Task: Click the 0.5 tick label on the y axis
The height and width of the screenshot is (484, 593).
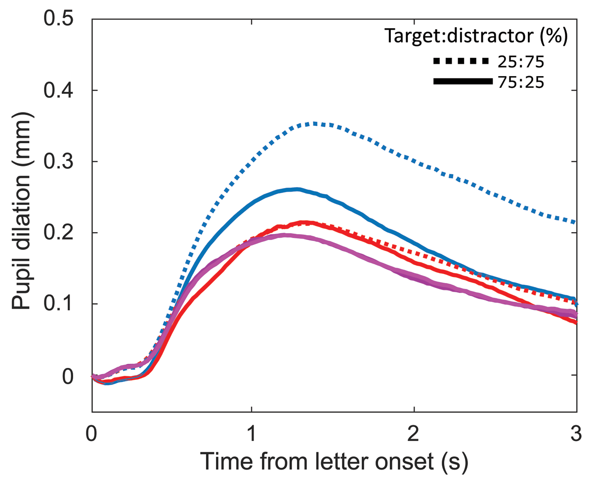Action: coord(60,20)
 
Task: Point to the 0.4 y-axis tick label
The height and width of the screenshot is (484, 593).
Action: coord(60,90)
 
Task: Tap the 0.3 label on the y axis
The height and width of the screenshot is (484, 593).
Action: coord(60,161)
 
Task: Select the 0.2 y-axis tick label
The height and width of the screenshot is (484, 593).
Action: coord(60,233)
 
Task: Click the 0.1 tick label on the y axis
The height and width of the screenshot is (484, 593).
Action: coord(60,304)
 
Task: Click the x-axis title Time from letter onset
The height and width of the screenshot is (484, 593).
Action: coord(335,463)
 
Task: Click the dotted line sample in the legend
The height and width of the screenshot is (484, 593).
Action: coord(462,61)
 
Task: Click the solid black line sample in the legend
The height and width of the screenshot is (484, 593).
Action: coord(462,81)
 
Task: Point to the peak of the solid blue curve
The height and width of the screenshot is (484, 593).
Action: coord(296,189)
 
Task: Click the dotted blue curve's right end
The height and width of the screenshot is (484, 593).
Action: coord(576,222)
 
